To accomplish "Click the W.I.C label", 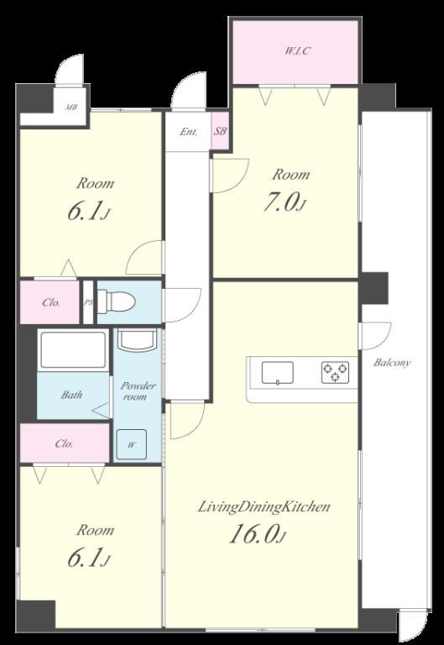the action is tap(297, 51).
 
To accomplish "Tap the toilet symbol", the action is tap(117, 302).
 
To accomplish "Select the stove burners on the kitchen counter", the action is tap(335, 372).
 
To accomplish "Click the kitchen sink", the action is tap(278, 373).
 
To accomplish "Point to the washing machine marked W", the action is tap(131, 444).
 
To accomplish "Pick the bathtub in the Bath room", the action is tap(73, 350).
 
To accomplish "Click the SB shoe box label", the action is tap(220, 132).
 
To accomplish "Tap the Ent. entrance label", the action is tap(189, 132).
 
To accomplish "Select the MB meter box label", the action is tap(71, 107).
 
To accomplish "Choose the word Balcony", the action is tap(392, 363).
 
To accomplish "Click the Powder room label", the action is tap(138, 391).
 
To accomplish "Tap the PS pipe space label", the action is tap(88, 302).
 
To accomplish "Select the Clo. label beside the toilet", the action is tap(51, 302).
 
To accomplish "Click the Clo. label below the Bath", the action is tap(64, 444).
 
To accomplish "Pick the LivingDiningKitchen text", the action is tap(264, 506).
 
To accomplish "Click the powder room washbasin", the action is tap(136, 339).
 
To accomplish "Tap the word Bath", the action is tap(71, 396).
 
